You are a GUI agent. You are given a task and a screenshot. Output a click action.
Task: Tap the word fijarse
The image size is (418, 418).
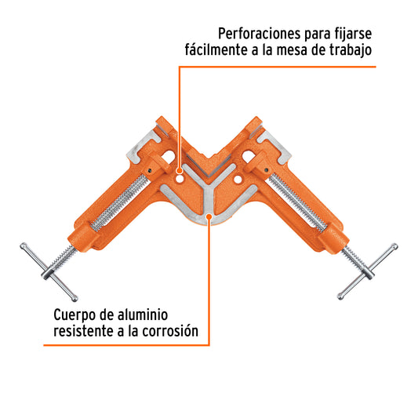pyautogui.click(x=353, y=35)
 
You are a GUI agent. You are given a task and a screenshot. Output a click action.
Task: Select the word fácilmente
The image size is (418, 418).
pyautogui.click(x=216, y=50)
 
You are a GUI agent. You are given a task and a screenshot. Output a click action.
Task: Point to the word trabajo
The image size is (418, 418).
pyautogui.click(x=351, y=50)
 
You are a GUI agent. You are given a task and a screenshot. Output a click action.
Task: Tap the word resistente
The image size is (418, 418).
pyautogui.click(x=83, y=332)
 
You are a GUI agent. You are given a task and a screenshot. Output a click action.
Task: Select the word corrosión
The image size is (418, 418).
pyautogui.click(x=170, y=332)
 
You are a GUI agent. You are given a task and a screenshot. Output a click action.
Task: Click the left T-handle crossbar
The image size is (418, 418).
pyautogui.click(x=49, y=272)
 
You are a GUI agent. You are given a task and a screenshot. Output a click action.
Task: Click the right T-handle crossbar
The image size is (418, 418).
pyautogui.click(x=368, y=271)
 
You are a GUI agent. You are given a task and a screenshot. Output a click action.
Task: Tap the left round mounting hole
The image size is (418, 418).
pyautogui.click(x=180, y=180)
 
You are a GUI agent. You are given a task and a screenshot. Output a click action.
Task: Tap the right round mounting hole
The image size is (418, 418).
pyautogui.click(x=238, y=180)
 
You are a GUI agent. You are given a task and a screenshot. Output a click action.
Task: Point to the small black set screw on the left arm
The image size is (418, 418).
pyautogui.click(x=151, y=170)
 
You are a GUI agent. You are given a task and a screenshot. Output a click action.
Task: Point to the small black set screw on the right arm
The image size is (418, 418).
pyautogui.click(x=266, y=170)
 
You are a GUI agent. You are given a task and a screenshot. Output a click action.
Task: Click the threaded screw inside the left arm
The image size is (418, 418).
pyautogui.click(x=119, y=203)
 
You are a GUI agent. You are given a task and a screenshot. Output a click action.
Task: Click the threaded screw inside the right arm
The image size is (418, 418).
pyautogui.click(x=297, y=202)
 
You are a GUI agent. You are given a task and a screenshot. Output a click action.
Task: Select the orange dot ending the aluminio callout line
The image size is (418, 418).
pyautogui.click(x=209, y=216)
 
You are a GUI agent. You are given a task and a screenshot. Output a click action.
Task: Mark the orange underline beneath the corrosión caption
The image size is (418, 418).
pyautogui.click(x=126, y=346)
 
